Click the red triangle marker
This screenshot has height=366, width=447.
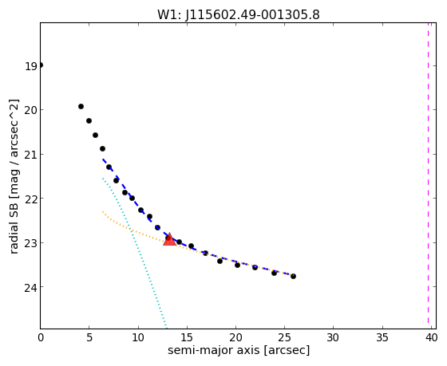coord(169,239)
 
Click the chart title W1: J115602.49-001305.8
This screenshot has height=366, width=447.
coord(239,15)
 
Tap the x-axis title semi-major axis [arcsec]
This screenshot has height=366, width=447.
coord(239,350)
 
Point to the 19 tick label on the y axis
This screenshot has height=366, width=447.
coord(31,66)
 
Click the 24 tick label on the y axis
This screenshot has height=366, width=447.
coord(31,287)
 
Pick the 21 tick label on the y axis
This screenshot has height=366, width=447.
coord(31,155)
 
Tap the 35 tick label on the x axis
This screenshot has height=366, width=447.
coord(382,337)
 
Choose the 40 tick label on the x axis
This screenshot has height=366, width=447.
coord(431,337)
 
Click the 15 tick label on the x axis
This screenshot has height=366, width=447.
coord(187,337)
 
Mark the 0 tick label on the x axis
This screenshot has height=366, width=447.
coord(41,337)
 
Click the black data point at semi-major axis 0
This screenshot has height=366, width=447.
coord(41,65)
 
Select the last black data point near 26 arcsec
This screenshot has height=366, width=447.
coord(293,276)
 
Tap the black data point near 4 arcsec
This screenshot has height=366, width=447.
coord(81,107)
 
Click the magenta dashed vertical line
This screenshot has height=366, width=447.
coord(428,173)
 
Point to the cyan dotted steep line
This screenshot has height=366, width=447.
coord(134,252)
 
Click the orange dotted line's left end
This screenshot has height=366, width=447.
coord(103,212)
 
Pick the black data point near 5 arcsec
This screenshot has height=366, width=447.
coord(89,120)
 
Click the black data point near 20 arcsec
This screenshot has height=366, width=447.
coord(237,265)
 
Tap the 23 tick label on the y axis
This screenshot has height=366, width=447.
coord(31,243)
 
